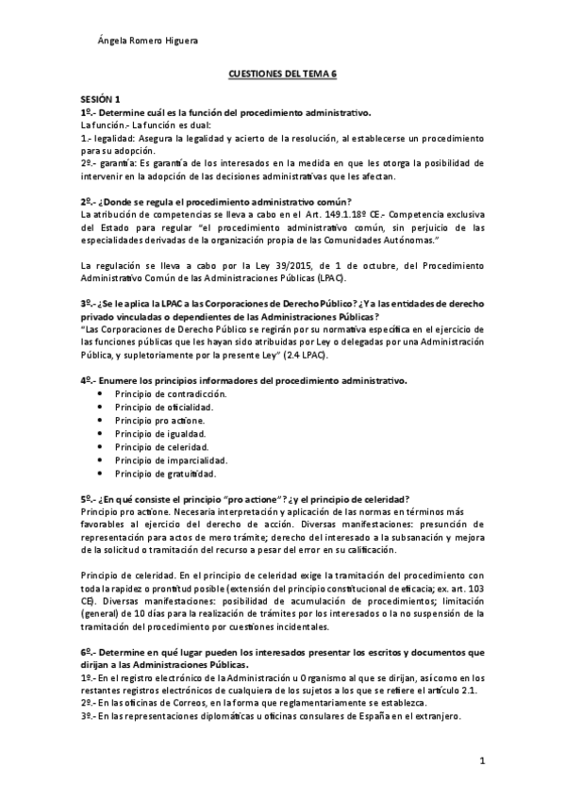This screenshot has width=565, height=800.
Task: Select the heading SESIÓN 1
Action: click(x=100, y=99)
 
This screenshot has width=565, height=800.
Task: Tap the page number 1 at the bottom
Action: click(x=481, y=759)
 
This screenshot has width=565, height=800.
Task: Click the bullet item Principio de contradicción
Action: click(x=170, y=392)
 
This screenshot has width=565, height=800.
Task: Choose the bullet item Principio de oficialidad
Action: click(x=163, y=406)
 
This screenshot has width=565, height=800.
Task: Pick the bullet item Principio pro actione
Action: click(x=159, y=419)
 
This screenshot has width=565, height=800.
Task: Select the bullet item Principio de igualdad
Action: click(x=159, y=433)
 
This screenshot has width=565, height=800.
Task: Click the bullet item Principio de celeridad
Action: click(x=161, y=446)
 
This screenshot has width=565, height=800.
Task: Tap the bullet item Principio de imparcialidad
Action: click(x=168, y=459)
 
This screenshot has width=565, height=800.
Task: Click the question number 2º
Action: click(x=86, y=202)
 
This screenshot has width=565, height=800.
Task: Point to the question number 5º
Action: click(x=86, y=498)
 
